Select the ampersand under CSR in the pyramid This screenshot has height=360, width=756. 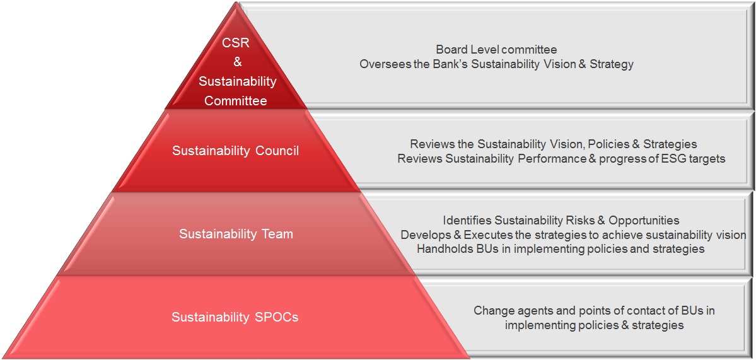tap(238, 62)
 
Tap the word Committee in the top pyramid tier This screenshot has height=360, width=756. tap(236, 102)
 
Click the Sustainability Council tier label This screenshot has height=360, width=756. tap(236, 151)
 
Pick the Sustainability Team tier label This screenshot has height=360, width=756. tap(236, 234)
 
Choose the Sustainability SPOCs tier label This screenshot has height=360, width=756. tap(235, 318)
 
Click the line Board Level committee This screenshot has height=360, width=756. tap(497, 50)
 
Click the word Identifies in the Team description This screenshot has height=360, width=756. tap(468, 220)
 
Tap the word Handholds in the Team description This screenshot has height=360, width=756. tap(441, 249)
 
